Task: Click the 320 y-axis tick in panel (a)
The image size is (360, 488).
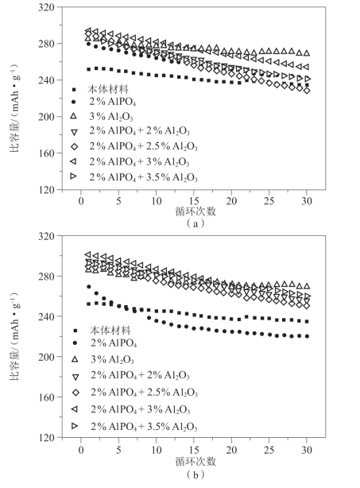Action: pos(46,7)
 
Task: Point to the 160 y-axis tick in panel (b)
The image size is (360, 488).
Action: pos(46,397)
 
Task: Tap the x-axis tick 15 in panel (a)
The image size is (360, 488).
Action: pos(194,201)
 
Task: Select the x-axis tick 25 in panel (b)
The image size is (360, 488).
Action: pos(269,450)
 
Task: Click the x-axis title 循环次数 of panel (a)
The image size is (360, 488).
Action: pos(195,211)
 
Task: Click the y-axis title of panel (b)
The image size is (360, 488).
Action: pos(15,336)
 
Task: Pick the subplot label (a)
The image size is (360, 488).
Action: pos(195,223)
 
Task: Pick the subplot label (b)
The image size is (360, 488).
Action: pos(195,474)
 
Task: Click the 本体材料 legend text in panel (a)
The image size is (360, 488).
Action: pos(108,90)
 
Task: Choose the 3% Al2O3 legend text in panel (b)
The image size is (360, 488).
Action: pos(112,359)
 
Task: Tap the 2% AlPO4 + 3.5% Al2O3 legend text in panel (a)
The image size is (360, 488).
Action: pos(143,177)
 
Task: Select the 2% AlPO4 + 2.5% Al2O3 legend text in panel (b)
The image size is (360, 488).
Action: pos(144,392)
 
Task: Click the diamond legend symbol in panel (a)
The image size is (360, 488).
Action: pos(74,146)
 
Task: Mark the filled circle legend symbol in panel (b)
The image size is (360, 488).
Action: pos(75,343)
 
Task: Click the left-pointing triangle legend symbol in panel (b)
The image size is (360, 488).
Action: pos(75,409)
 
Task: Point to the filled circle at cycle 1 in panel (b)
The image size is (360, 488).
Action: pos(89,287)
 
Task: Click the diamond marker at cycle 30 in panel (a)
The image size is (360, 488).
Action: pos(307,91)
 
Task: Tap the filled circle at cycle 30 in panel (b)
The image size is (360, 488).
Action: pos(307,336)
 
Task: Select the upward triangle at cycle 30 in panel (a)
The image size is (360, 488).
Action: pos(307,53)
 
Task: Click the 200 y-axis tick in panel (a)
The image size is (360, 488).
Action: pos(46,117)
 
